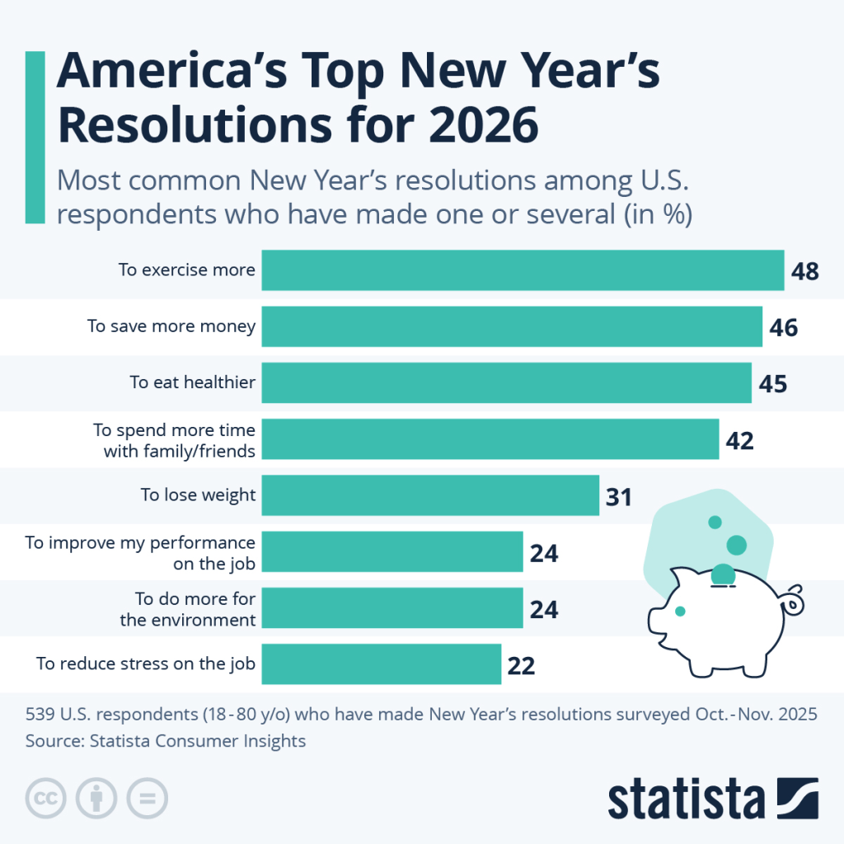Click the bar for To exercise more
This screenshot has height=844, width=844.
pos(523,270)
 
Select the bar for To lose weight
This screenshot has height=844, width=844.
pos(430,495)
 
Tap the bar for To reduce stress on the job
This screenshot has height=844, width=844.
pos(382,663)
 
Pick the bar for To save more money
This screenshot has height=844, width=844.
pos(512,326)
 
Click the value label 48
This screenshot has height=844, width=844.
pos(804,271)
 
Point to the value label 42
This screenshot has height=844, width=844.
pos(739,440)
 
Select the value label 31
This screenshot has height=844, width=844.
pos(617,496)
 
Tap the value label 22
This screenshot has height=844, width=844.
pos(521,664)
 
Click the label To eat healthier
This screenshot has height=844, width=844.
pos(192,382)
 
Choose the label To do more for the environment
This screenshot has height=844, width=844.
pos(187,609)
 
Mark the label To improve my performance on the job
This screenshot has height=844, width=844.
pos(140,552)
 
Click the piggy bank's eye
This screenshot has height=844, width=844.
pos(680,611)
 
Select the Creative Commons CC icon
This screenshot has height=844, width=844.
pos(47,797)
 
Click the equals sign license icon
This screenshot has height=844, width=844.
pos(146,797)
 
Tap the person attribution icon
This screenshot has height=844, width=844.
pos(96,797)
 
